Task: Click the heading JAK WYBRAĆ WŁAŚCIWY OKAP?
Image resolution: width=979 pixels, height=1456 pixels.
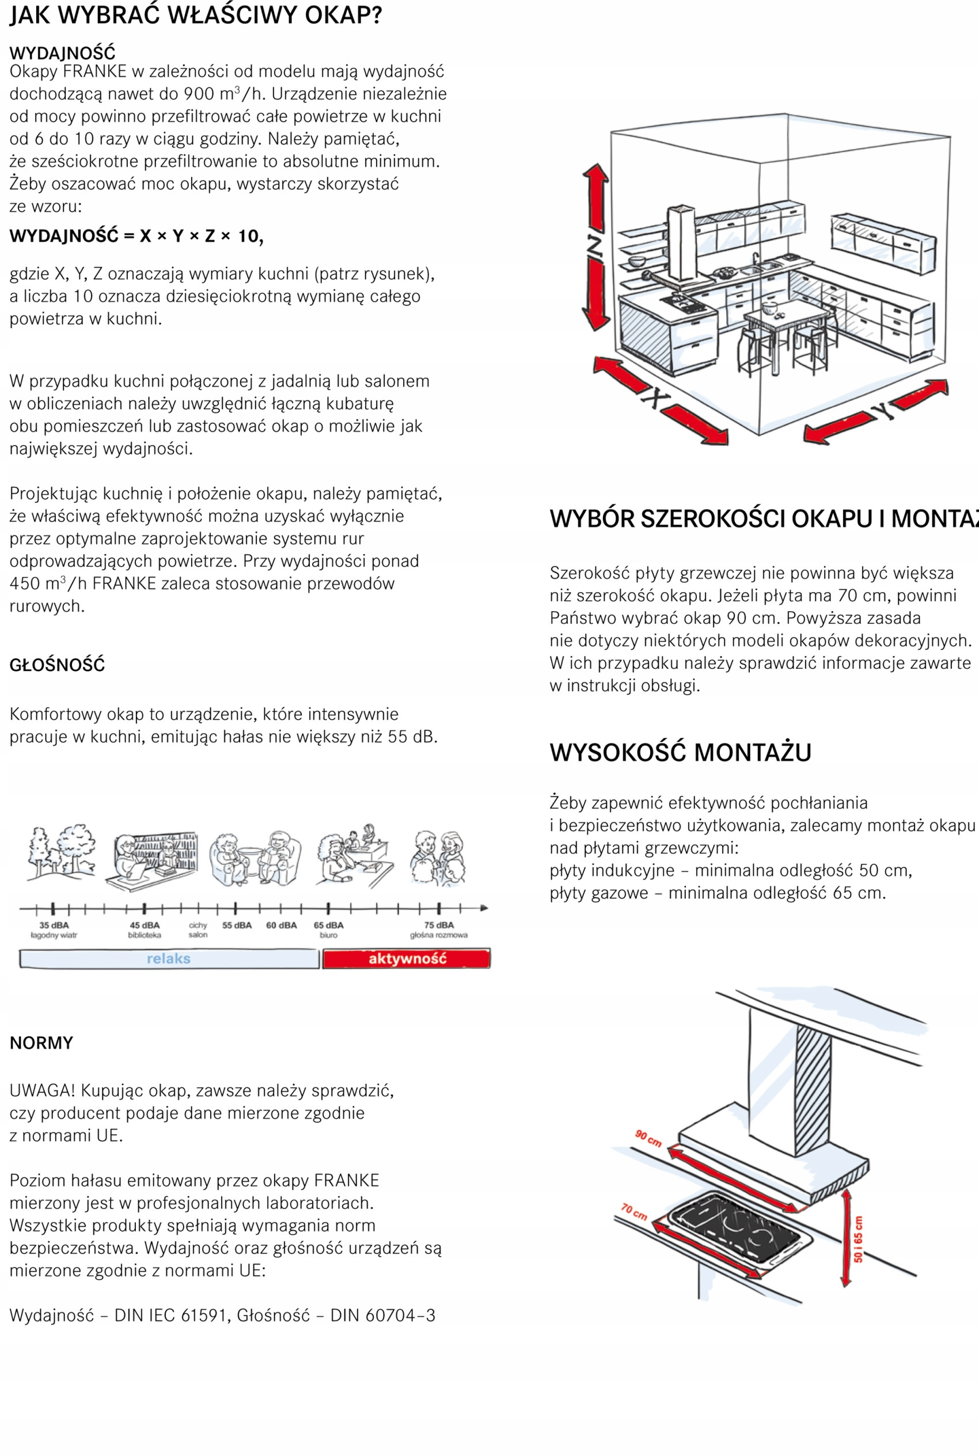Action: click(x=195, y=15)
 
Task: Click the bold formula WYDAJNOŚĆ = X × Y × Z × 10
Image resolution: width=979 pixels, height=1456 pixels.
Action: click(x=136, y=236)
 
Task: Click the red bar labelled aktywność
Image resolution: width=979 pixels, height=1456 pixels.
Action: click(x=407, y=958)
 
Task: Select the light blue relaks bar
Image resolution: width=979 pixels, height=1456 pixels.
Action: click(x=169, y=958)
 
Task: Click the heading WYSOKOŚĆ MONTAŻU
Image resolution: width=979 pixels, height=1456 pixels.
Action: click(x=680, y=752)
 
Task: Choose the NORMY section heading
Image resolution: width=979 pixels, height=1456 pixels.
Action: click(x=41, y=1042)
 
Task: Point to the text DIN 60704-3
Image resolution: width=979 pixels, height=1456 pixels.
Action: click(x=382, y=1315)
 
